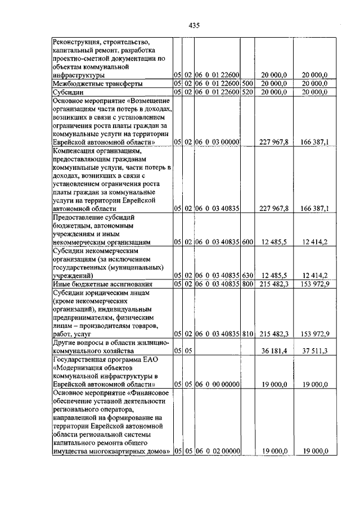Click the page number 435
pyautogui.click(x=195, y=25)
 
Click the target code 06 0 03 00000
pyautogui.click(x=218, y=142)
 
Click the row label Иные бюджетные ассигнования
pyautogui.click(x=96, y=285)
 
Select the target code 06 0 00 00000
pyautogui.click(x=218, y=385)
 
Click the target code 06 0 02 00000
pyautogui.click(x=218, y=451)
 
